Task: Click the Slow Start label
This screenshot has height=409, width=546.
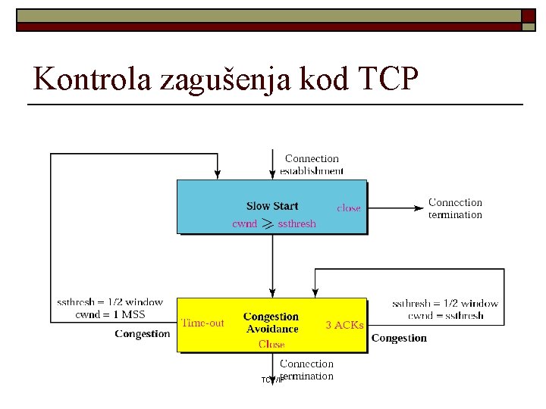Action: tap(272, 206)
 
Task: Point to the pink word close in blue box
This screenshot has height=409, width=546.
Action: tap(349, 208)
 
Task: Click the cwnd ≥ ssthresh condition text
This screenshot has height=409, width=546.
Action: tap(274, 224)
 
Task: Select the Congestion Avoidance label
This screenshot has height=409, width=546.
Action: tap(271, 323)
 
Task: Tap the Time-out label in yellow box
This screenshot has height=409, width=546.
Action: tap(202, 323)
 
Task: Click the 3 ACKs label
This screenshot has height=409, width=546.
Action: tap(344, 325)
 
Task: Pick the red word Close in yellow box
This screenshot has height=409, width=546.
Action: tap(271, 344)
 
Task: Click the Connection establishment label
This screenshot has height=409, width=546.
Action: tap(312, 164)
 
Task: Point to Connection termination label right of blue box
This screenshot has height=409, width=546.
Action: tap(455, 208)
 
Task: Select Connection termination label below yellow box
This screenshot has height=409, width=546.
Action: tap(306, 370)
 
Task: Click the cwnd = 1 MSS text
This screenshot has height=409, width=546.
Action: tap(110, 314)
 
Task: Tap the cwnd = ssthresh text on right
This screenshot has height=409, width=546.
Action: tap(445, 315)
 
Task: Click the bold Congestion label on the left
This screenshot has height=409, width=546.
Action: tap(142, 333)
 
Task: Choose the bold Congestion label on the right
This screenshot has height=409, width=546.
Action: tap(399, 338)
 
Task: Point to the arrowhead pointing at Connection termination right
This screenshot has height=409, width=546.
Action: tap(419, 208)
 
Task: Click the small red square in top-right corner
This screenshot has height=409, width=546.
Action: tap(528, 15)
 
